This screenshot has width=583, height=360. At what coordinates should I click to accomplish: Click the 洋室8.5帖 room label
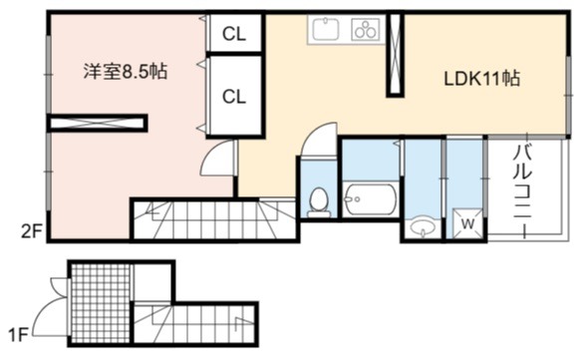click(126, 72)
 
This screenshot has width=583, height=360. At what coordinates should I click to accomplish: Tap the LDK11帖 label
click(482, 79)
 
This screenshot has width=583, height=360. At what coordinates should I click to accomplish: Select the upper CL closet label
click(234, 34)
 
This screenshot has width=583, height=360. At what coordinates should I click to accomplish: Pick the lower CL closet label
click(234, 97)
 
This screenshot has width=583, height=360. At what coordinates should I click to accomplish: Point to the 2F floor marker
click(31, 232)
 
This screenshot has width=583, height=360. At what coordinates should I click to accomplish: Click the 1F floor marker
click(18, 336)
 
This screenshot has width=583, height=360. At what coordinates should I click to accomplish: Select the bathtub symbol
click(369, 199)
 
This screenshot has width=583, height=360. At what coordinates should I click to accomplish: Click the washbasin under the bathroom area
click(422, 226)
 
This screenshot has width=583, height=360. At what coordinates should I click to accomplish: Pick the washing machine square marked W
click(467, 224)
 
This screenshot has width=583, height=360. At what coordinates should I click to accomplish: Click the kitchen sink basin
click(325, 29)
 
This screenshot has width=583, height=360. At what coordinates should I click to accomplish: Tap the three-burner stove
click(365, 29)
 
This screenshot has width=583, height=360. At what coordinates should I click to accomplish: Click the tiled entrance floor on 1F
click(101, 303)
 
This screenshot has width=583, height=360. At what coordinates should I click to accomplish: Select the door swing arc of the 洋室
click(217, 158)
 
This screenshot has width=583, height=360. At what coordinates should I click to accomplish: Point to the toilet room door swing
click(319, 141)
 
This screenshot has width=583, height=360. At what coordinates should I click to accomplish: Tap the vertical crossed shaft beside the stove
click(395, 54)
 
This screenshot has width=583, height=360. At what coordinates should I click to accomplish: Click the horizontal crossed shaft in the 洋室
click(98, 123)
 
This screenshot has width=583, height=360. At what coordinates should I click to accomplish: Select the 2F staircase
click(215, 219)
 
